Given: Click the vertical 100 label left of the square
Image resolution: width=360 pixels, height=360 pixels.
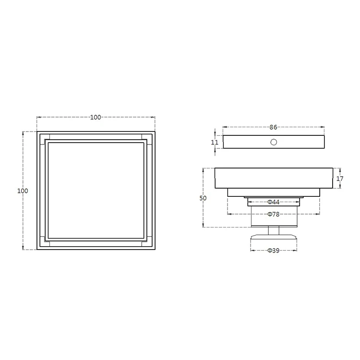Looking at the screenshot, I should click(x=23, y=191).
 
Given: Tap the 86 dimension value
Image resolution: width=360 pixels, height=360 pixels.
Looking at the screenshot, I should click(x=273, y=127).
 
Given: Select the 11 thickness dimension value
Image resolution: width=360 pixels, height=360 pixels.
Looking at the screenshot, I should click(x=215, y=142).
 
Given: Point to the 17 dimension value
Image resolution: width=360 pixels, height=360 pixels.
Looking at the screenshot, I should click(x=340, y=178).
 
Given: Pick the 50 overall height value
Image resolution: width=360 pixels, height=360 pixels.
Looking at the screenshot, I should click(x=203, y=198).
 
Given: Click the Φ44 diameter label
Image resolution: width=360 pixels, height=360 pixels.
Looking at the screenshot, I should click(x=273, y=202).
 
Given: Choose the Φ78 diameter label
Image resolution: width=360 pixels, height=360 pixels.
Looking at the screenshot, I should click(x=273, y=214).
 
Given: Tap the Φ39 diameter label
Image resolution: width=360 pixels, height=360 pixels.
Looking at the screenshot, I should click(x=273, y=251).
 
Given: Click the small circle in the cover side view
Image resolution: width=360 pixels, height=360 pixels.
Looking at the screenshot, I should click(x=274, y=142).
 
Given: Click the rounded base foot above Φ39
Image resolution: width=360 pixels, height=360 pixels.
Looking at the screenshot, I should click(x=273, y=239).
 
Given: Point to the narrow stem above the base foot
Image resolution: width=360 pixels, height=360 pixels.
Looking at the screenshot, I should click(x=273, y=230).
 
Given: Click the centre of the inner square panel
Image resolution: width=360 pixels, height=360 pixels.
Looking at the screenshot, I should click(x=96, y=190).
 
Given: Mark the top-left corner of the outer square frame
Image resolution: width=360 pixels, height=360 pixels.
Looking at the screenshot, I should click(x=37, y=131).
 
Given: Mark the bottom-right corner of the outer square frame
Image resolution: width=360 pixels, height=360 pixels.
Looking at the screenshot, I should click(x=155, y=250).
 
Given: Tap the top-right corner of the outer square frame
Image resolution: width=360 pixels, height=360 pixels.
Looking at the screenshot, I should click(x=155, y=131).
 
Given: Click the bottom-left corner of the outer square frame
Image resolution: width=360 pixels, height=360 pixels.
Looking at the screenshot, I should click(x=37, y=250).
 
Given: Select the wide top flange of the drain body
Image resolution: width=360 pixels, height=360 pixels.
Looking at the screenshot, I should click(x=273, y=178).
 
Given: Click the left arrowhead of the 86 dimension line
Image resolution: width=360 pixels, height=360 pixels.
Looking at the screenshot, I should click(x=225, y=127).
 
